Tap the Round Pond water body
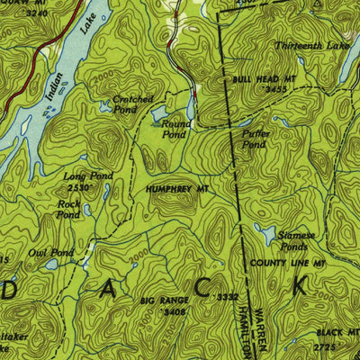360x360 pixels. (159, 113)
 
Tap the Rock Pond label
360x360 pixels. (69, 210)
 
